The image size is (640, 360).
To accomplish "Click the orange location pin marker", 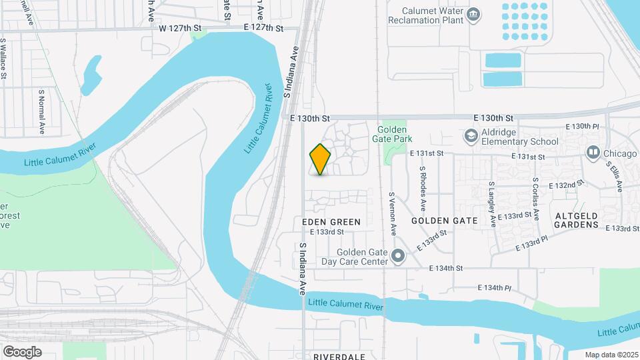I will click(321, 159).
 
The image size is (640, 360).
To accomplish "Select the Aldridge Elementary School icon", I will click(471, 137).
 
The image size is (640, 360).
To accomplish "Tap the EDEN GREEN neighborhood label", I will click(331, 221).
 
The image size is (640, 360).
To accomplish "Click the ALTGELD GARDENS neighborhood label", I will click(577, 220).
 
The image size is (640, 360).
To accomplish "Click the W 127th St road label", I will click(181, 28).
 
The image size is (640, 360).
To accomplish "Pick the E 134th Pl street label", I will click(494, 288).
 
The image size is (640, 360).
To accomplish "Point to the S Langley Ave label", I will click(492, 204).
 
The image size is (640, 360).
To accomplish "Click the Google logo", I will click(22, 352).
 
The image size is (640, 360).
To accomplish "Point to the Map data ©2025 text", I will click(611, 355).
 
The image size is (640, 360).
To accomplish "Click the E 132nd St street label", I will click(565, 184).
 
